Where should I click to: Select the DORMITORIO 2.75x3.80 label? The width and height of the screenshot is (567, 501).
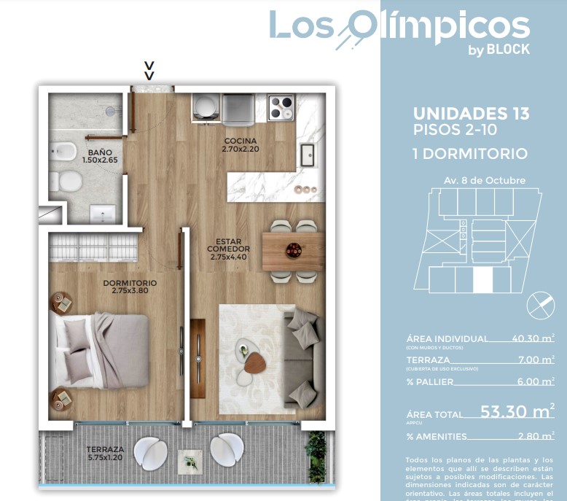[130, 287]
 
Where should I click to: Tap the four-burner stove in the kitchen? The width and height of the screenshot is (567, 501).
[281, 109]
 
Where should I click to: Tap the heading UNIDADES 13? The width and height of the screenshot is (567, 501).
[471, 114]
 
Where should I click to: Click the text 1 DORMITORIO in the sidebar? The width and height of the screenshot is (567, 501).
[469, 154]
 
